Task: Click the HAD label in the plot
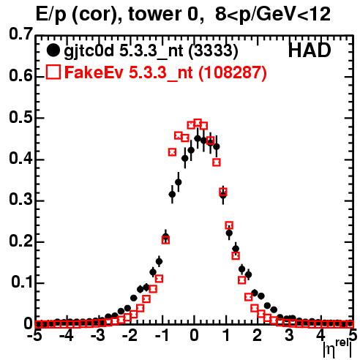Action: [310, 50]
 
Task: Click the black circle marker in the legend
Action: [53, 50]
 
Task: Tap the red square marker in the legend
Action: [53, 72]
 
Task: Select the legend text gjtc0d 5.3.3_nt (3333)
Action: [151, 51]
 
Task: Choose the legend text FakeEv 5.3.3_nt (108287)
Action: [166, 72]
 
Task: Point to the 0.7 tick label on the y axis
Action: [20, 34]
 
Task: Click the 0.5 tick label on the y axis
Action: [20, 118]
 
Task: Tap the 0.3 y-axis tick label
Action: [20, 200]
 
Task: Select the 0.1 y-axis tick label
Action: [21, 282]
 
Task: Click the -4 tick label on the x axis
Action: [66, 336]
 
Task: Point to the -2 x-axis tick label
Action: [130, 336]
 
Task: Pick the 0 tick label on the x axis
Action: [194, 336]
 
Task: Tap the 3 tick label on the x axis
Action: [290, 336]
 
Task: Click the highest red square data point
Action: [198, 122]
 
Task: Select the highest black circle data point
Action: [198, 138]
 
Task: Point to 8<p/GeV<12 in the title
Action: [273, 15]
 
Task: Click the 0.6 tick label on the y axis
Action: [20, 75]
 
